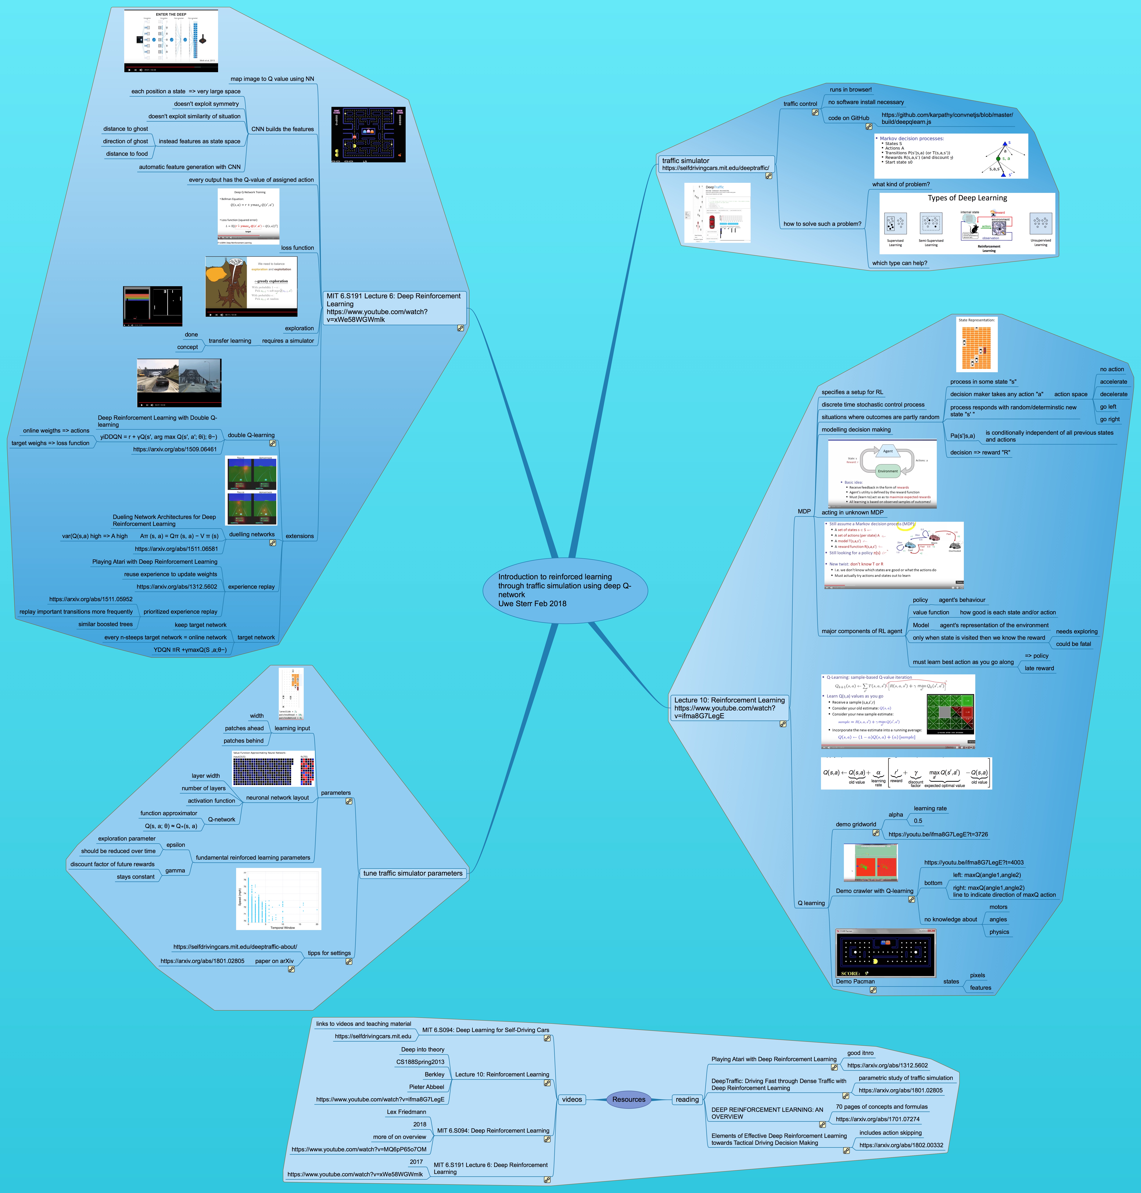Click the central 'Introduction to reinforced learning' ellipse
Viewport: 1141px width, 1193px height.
[x=564, y=590]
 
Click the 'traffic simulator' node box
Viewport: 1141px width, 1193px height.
[x=715, y=164]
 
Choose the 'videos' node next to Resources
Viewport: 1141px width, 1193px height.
[x=572, y=1099]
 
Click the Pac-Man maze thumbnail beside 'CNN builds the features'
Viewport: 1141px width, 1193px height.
[x=368, y=135]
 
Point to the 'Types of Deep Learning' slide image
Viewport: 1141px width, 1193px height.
[x=967, y=223]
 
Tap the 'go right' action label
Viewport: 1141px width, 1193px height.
[x=1109, y=419]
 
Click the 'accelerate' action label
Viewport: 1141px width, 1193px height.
[x=1113, y=382]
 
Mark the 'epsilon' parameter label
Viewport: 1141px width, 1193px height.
[x=176, y=845]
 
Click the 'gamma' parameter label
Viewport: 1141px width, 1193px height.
[x=175, y=870]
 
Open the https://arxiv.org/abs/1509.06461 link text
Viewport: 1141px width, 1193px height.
[x=175, y=449]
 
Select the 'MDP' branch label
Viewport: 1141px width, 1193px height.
[x=804, y=511]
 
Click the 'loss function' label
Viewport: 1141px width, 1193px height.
[x=297, y=248]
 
